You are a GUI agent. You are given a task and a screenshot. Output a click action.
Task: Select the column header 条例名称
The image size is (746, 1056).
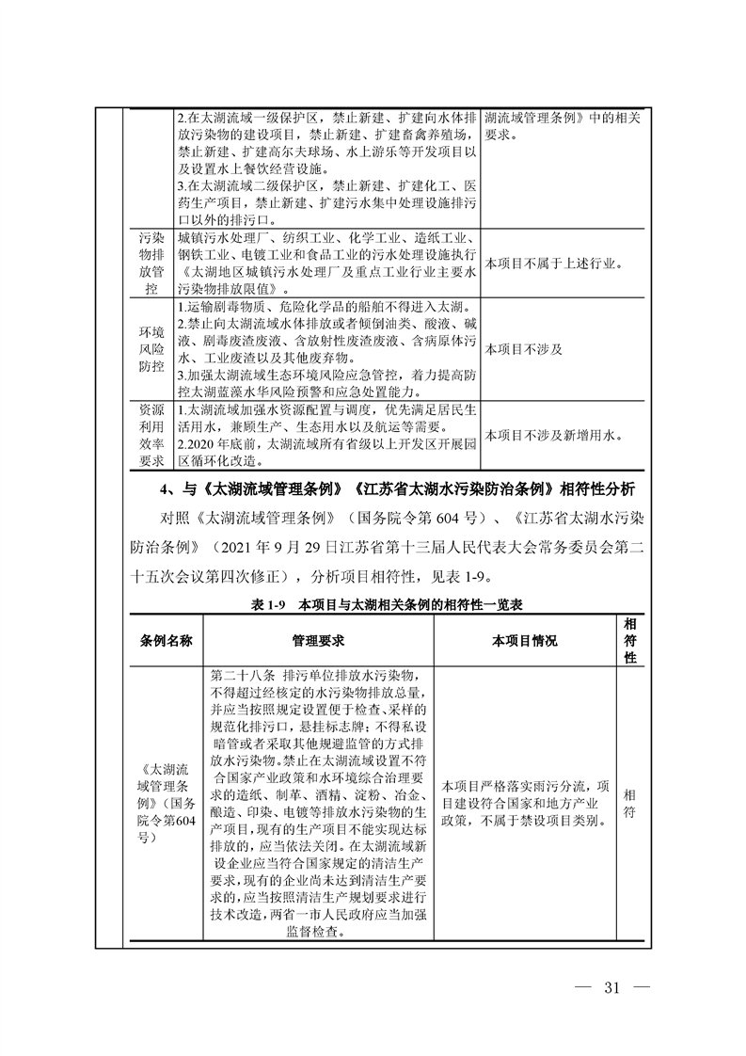click(x=167, y=640)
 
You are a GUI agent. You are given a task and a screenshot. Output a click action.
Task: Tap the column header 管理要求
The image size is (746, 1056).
click(x=318, y=640)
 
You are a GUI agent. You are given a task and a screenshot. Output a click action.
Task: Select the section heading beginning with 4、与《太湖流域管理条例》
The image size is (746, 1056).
click(x=398, y=489)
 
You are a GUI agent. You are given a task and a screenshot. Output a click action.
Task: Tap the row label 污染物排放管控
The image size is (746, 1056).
click(x=151, y=263)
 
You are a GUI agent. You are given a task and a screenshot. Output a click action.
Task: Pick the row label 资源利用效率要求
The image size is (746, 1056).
click(x=151, y=436)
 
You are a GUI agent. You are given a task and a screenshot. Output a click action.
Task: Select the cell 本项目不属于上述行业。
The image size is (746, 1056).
click(x=553, y=264)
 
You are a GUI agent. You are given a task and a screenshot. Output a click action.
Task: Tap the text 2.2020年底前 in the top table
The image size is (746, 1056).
click(x=219, y=442)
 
